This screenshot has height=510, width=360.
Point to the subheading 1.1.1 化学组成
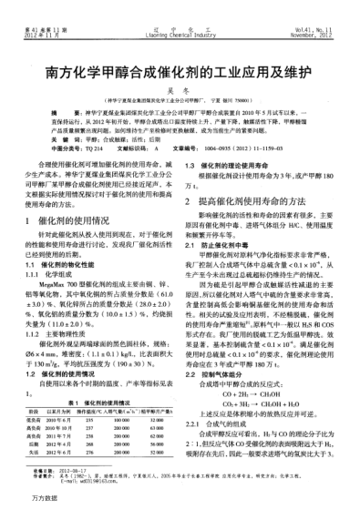click(58, 272)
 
